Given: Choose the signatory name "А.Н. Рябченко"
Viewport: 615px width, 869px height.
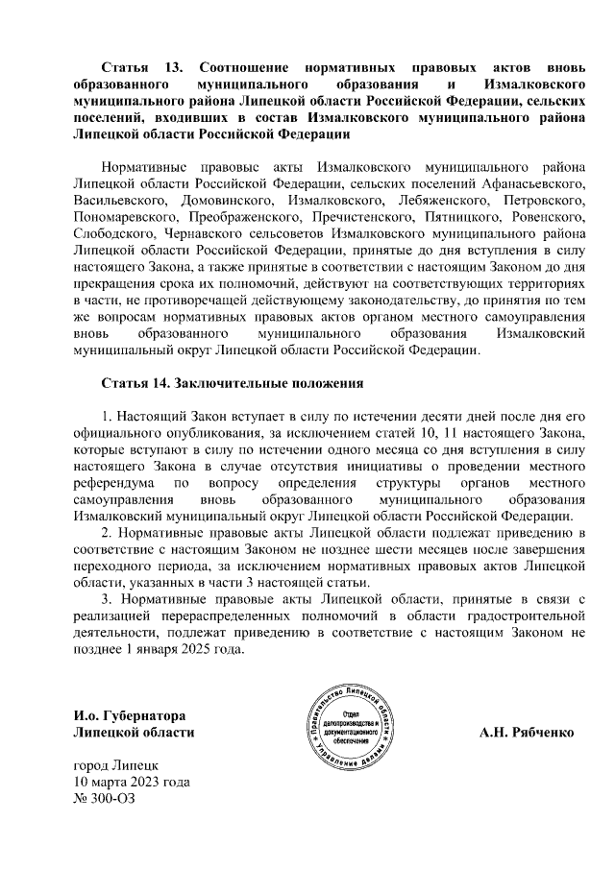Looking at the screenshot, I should pyautogui.click(x=527, y=732).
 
